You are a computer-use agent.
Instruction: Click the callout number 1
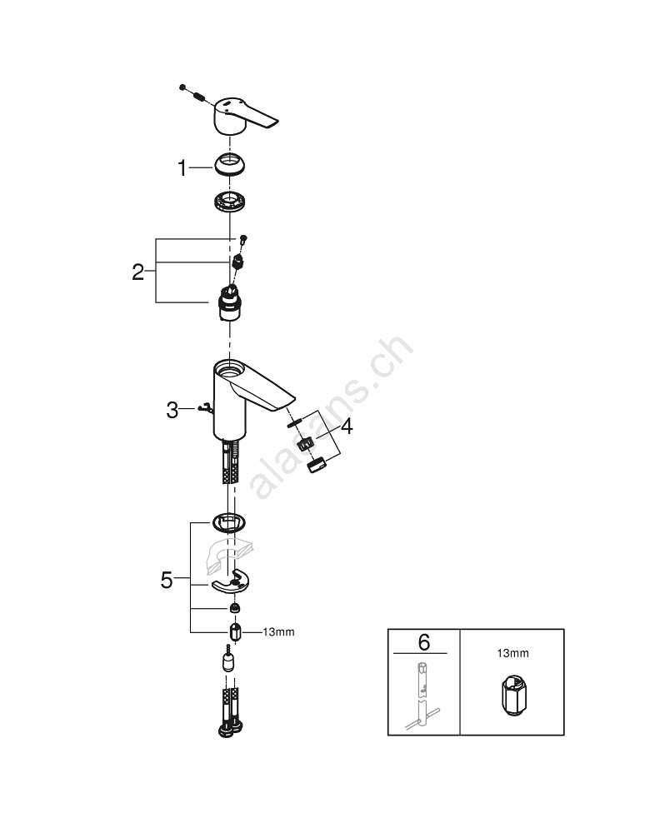click(182, 169)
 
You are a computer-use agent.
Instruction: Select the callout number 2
click(139, 272)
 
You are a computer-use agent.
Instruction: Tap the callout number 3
click(172, 410)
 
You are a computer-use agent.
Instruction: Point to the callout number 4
click(345, 427)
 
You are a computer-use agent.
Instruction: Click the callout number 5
click(167, 580)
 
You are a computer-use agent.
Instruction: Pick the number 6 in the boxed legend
click(423, 642)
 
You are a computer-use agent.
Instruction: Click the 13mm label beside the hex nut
click(278, 632)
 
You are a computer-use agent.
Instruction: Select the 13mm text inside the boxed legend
click(512, 654)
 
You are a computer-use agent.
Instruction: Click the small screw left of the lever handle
click(192, 92)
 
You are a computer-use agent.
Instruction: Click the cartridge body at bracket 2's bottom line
click(227, 305)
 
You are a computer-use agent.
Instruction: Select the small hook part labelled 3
click(206, 408)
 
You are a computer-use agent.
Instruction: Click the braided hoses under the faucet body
click(230, 463)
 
